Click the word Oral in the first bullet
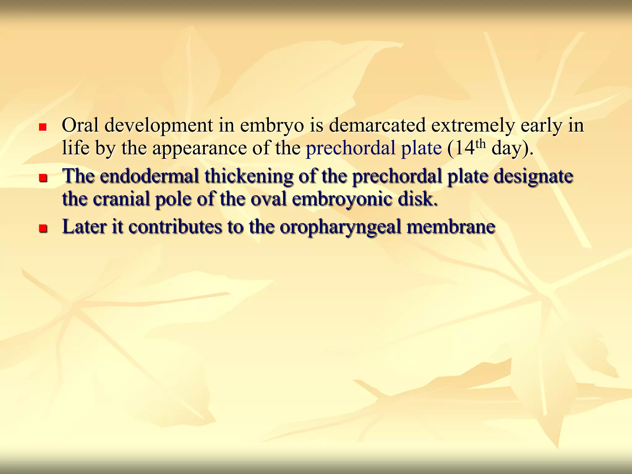pos(80,126)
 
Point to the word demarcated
pos(377,126)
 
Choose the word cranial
pos(121,199)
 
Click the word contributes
pos(175,227)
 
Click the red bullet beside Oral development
pos(43,127)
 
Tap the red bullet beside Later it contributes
pos(43,228)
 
